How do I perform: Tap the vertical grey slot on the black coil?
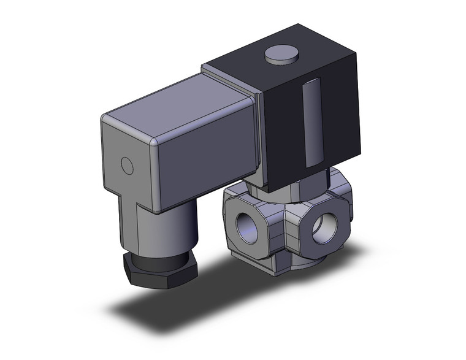(311, 124)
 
